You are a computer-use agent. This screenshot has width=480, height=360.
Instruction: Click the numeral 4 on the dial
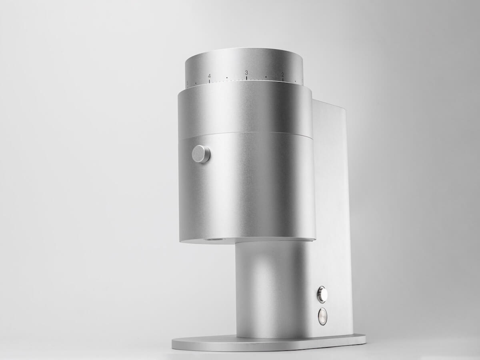[209, 76]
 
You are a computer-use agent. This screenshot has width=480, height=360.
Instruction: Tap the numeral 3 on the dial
[246, 72]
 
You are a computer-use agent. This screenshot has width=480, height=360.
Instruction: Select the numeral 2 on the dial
[282, 74]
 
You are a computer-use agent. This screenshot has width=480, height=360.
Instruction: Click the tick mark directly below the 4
[209, 81]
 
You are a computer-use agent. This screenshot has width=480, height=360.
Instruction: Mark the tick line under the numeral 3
[246, 78]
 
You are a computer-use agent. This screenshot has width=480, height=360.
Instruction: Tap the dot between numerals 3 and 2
[266, 77]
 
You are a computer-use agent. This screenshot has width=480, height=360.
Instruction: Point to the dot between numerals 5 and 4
[196, 84]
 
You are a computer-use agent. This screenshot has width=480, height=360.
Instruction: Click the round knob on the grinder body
[201, 154]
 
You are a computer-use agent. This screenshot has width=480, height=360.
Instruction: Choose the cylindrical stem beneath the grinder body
[272, 288]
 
